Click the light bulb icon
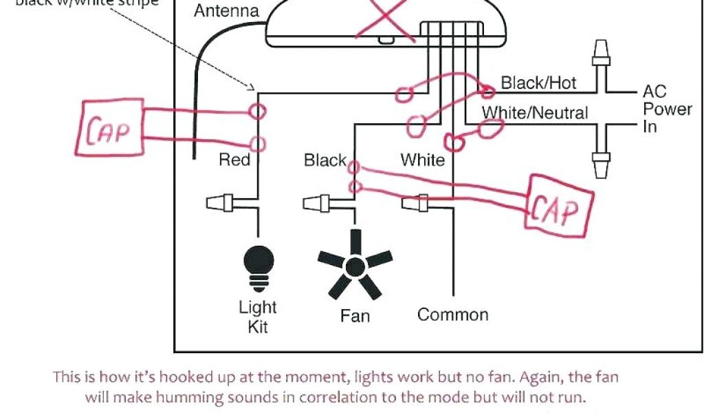coord(258,265)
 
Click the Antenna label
coord(226,12)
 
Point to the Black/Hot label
coord(538,83)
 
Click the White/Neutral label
coord(535,112)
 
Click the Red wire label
coord(234,160)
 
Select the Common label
coord(452,315)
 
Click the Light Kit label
coord(258,317)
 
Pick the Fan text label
coord(355,317)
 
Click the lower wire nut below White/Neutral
coord(601,161)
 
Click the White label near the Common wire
coord(423,160)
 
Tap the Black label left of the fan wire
coord(325,160)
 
